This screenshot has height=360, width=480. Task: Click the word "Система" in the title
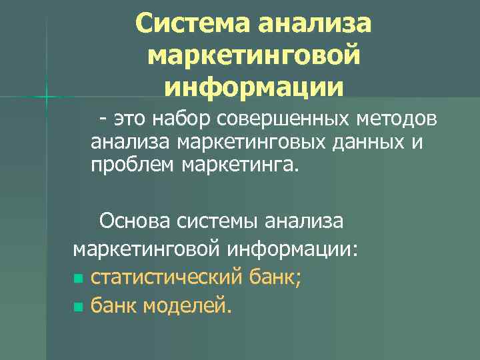191,26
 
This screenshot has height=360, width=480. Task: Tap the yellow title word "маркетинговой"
255,57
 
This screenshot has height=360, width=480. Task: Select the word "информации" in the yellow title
254,87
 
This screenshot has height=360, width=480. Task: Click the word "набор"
184,120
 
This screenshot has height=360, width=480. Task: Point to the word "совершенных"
283,120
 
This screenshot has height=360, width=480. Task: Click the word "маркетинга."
238,165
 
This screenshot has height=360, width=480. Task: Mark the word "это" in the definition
129,121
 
